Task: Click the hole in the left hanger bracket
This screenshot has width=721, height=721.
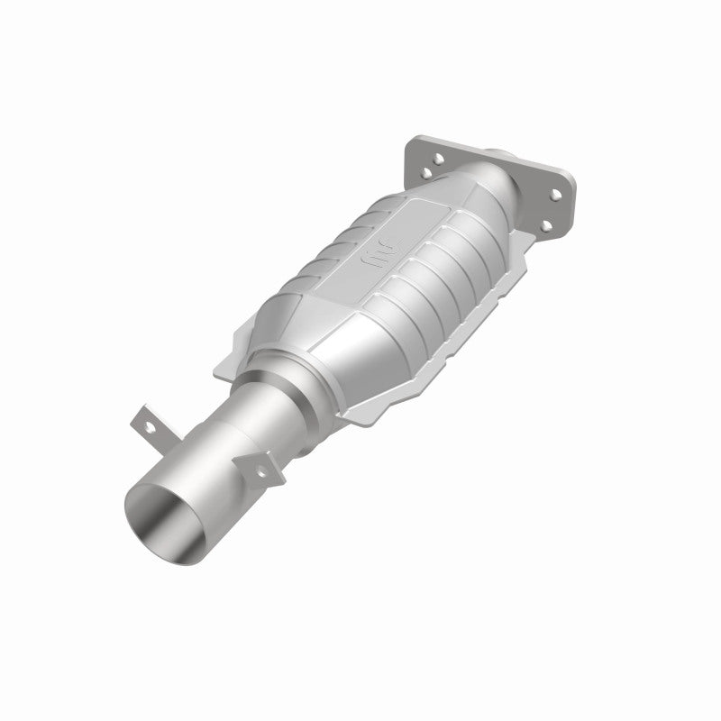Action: click(x=143, y=419)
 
